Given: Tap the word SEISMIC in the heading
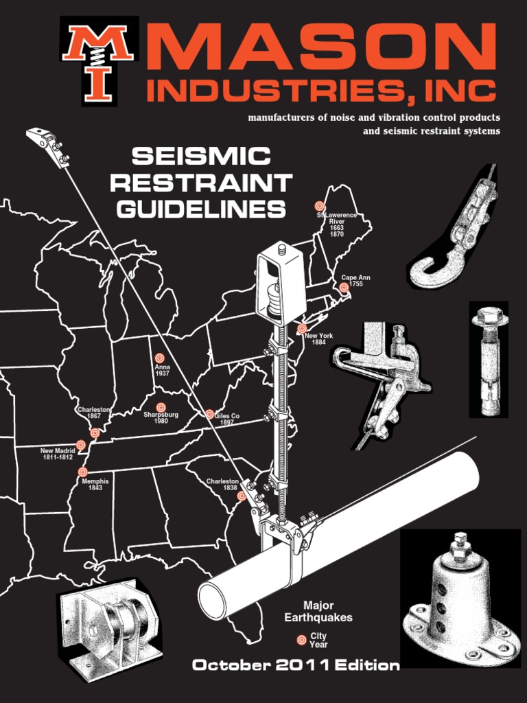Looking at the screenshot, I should [x=201, y=157].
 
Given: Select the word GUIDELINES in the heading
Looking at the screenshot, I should [x=201, y=209].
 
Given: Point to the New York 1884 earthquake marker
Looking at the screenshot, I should [x=302, y=329].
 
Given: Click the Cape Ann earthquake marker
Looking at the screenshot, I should [x=344, y=288].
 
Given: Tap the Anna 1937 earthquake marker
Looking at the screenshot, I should [x=160, y=358].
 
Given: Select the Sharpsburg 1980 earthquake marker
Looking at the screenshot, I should [x=161, y=407].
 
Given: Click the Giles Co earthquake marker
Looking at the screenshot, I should [x=209, y=414].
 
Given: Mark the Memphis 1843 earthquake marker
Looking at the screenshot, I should [x=83, y=472].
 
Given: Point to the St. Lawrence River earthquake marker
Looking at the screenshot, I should [x=319, y=205].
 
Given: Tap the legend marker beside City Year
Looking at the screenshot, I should [x=301, y=640].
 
